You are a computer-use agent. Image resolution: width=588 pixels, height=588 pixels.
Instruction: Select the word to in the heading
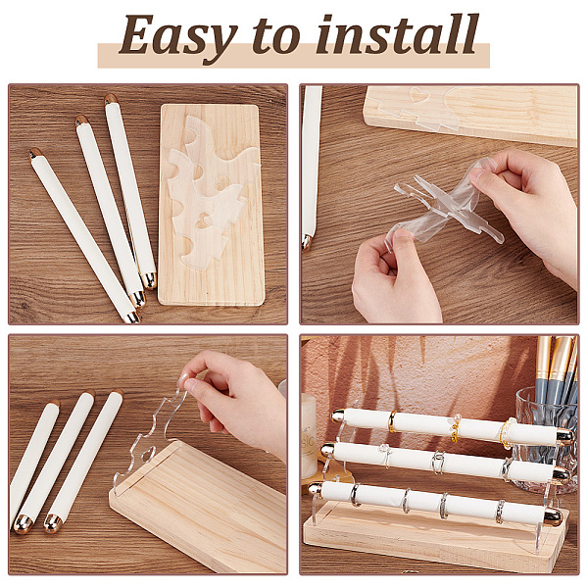point(276,36)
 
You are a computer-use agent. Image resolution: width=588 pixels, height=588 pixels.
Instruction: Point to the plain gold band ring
point(392,421)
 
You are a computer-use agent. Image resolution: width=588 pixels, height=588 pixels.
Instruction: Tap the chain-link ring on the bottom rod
point(500,512)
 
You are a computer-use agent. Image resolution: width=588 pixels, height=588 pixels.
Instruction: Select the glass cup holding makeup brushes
point(546,439)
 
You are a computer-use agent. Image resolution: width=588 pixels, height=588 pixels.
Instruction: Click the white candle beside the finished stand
point(309,435)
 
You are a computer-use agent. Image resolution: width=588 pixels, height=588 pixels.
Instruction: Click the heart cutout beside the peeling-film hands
point(417,95)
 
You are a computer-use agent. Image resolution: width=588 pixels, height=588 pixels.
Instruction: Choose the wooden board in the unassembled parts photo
point(212,205)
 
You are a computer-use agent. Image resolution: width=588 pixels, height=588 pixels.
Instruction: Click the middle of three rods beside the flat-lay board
point(110,210)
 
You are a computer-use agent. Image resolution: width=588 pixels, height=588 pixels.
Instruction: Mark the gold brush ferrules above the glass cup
point(555,360)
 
